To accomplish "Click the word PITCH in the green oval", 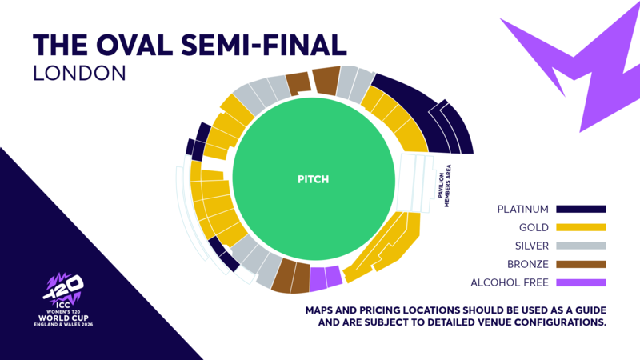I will [314, 180].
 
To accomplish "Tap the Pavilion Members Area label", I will [444, 186].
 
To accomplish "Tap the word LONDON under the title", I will [80, 73].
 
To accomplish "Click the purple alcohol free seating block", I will [326, 277].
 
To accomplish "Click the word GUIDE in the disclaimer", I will [585, 310].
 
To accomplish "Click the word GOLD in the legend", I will [533, 228].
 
